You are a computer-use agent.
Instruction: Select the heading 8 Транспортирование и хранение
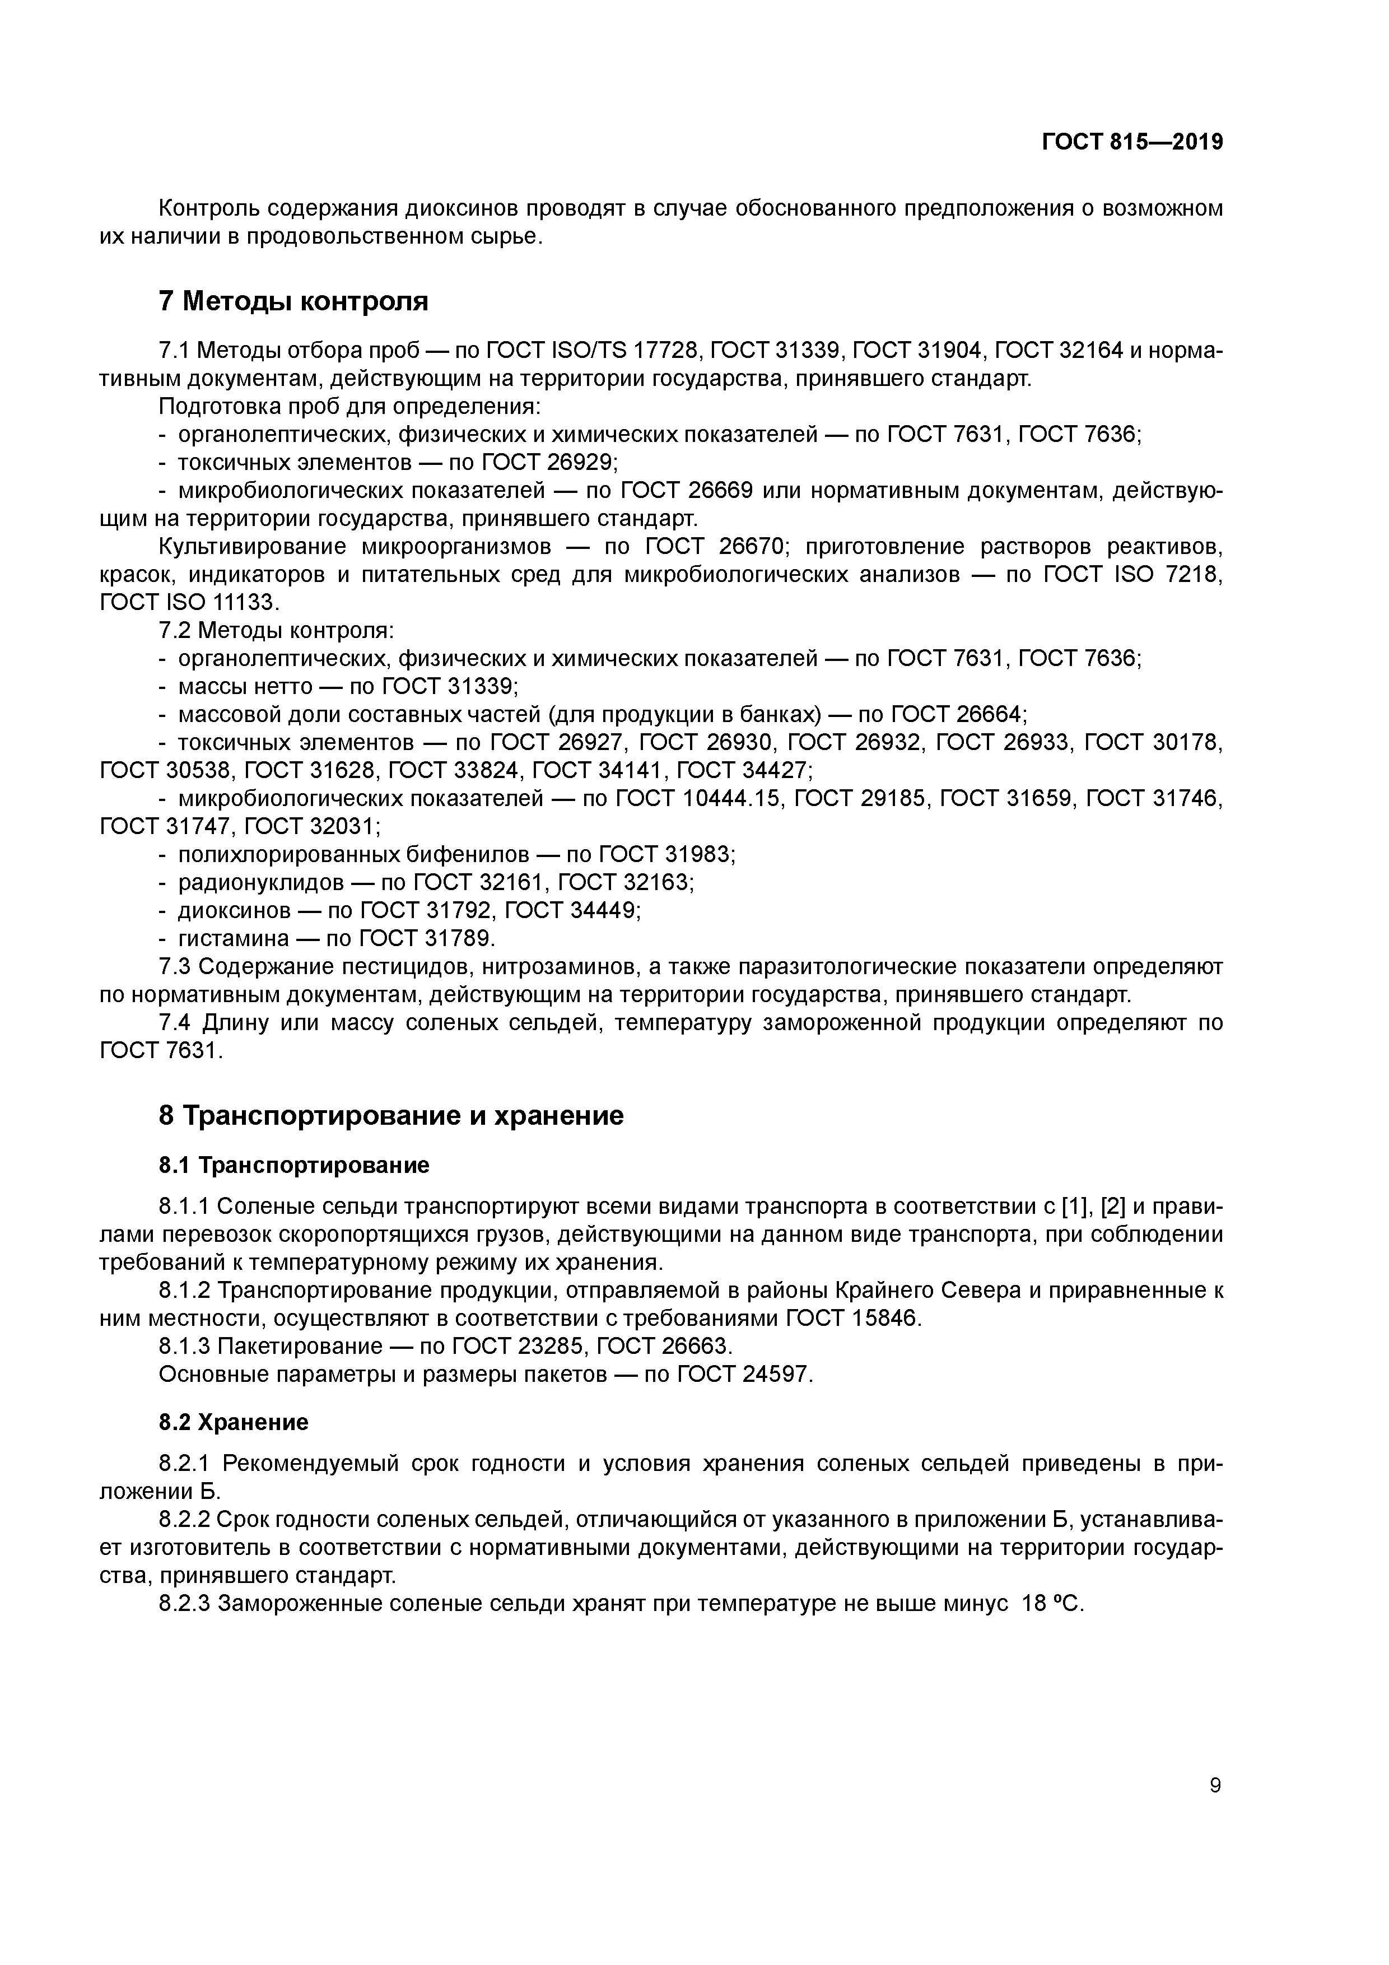(391, 1116)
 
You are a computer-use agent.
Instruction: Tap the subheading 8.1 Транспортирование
(293, 1165)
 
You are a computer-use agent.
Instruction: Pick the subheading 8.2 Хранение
(233, 1422)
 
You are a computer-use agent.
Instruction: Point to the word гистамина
(234, 938)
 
